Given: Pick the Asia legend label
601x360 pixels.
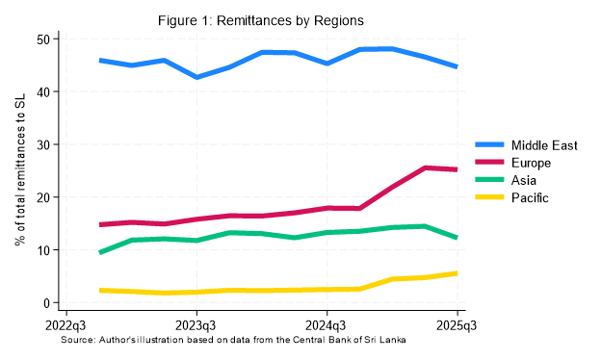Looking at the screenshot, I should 528,180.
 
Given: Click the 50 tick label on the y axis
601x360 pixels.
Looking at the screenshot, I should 41,39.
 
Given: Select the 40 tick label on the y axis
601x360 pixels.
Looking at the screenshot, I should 41,92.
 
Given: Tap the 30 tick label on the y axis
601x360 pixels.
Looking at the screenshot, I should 41,144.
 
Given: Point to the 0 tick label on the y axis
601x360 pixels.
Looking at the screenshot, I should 45,303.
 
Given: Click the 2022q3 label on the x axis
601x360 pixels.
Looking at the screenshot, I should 66,326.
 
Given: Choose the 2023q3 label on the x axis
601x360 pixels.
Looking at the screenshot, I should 196,326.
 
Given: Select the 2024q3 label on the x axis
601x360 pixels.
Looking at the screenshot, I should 327,326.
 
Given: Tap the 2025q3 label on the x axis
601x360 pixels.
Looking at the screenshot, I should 457,326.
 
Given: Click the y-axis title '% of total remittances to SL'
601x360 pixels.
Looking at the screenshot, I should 20,171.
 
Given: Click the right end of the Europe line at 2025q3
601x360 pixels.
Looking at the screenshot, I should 457,169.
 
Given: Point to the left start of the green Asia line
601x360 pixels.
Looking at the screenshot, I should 100,252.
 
